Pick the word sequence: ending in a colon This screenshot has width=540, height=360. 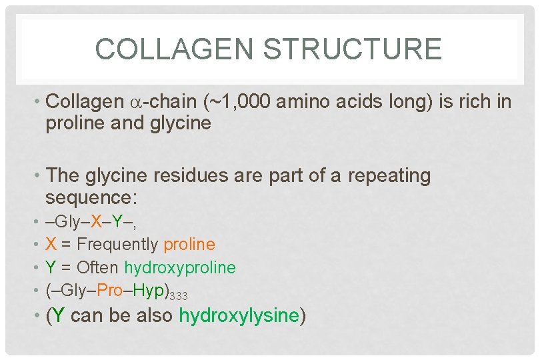pos(91,197)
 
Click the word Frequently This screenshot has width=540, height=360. pos(117,245)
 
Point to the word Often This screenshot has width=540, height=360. pos(97,268)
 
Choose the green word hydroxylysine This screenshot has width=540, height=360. pos(238,316)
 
